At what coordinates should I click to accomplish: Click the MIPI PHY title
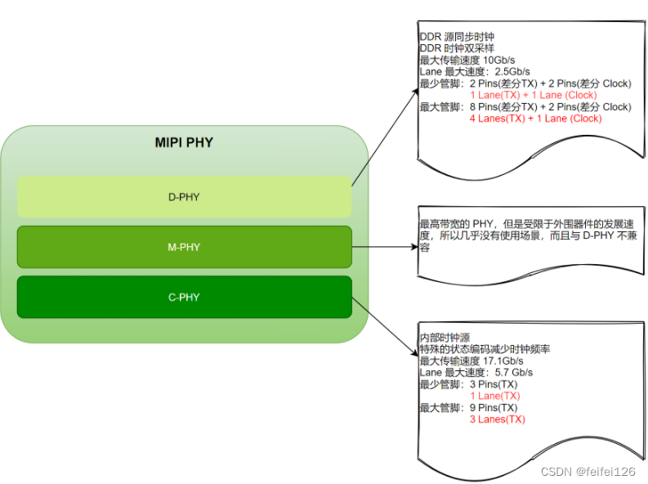pos(184,143)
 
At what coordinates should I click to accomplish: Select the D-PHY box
pos(184,197)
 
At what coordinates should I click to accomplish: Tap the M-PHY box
pos(184,247)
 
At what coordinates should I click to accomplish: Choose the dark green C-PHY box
pos(184,297)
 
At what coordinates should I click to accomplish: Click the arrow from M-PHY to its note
pos(384,244)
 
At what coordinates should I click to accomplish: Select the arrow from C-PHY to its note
pos(384,326)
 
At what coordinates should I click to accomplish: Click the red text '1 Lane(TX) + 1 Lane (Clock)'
pos(533,96)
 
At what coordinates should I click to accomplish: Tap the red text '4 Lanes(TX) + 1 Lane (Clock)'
pos(535,119)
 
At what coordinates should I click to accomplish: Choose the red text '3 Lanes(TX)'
pos(497,419)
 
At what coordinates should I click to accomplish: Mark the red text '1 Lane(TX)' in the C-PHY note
pos(494,396)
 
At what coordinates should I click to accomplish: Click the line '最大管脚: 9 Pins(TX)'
pos(468,408)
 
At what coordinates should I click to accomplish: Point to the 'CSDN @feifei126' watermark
pos(588,472)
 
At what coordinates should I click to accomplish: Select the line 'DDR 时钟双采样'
pos(457,49)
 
